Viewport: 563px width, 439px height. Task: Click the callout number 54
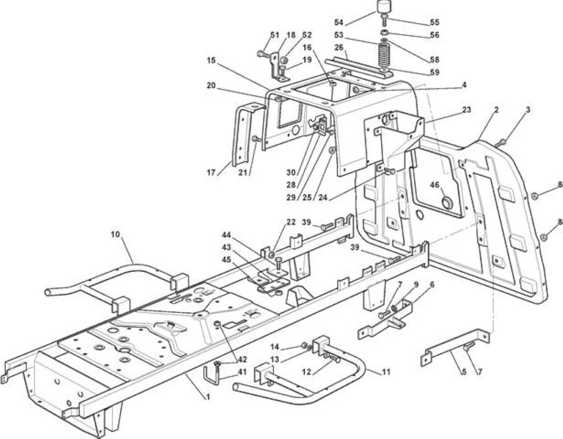(x=339, y=22)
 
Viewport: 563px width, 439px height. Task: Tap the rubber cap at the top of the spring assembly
(x=383, y=7)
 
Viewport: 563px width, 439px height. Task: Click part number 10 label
(x=115, y=234)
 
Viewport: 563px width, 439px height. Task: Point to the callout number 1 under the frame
(x=208, y=397)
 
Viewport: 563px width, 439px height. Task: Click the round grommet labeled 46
(x=448, y=203)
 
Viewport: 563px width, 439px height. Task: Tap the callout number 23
(x=466, y=110)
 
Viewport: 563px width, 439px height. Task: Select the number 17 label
(x=211, y=172)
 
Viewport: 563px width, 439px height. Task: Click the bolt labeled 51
(x=262, y=54)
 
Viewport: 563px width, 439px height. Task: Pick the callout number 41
(x=242, y=372)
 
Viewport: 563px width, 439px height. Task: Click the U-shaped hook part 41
(x=210, y=375)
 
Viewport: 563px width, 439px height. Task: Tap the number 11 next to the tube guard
(x=386, y=372)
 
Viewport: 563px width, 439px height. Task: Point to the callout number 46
(x=434, y=185)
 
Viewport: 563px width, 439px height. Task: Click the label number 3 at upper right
(x=528, y=110)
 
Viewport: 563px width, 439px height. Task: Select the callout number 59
(x=434, y=72)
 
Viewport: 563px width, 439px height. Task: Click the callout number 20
(x=211, y=86)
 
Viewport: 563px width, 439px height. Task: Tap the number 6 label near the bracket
(x=432, y=284)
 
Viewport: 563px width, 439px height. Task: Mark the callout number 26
(x=339, y=47)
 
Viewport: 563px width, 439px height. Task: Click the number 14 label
(x=275, y=347)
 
